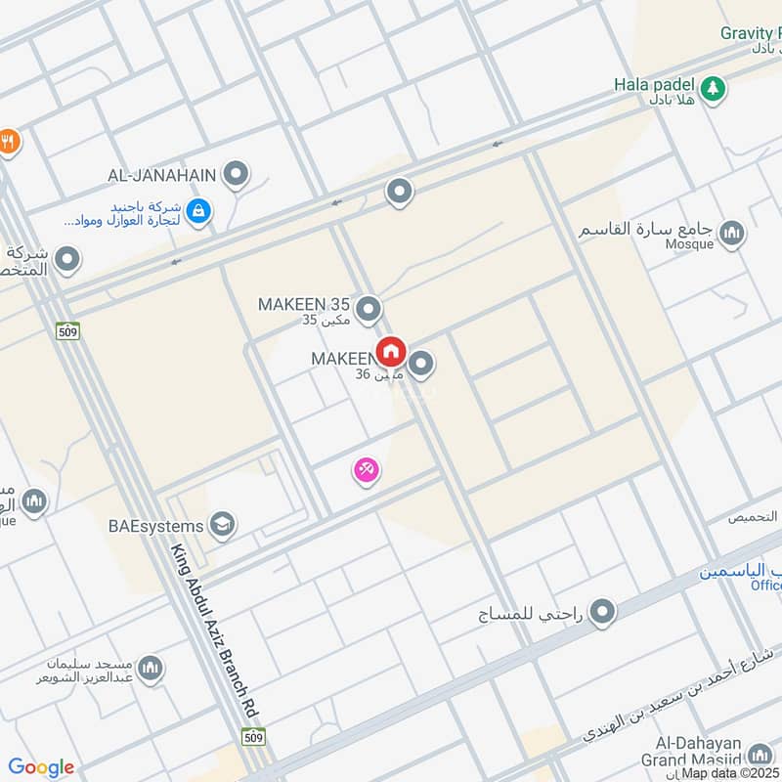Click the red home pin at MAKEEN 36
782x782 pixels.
391,352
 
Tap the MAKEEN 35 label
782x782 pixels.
304,304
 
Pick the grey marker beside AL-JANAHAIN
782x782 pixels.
236,175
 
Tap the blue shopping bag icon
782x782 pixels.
198,210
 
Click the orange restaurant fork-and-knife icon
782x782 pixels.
8,142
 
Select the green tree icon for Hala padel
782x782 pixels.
717,87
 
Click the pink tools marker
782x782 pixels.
367,471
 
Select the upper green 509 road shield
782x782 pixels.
67,329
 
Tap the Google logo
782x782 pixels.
41,767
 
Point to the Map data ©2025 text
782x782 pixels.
730,772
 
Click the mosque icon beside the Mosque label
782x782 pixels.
731,234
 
